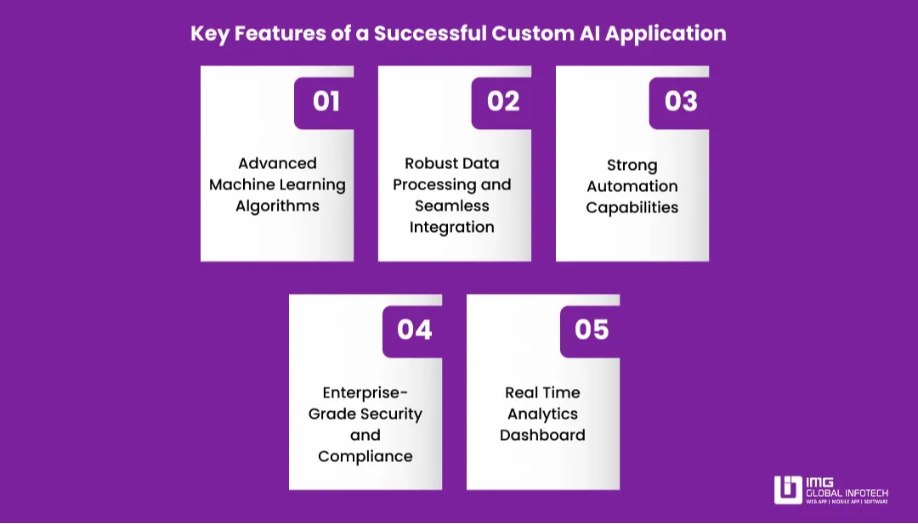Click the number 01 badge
326,101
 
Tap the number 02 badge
503,101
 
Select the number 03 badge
681,101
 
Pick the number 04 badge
414,330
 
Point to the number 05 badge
592,330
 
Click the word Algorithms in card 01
277,206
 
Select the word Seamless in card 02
451,206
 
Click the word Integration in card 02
451,228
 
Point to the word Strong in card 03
632,165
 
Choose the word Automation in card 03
632,186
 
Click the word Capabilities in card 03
632,207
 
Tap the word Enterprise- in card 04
365,392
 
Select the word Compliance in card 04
365,456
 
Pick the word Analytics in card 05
542,414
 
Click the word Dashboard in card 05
542,435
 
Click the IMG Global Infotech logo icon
788,490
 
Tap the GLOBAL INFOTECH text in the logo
847,492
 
